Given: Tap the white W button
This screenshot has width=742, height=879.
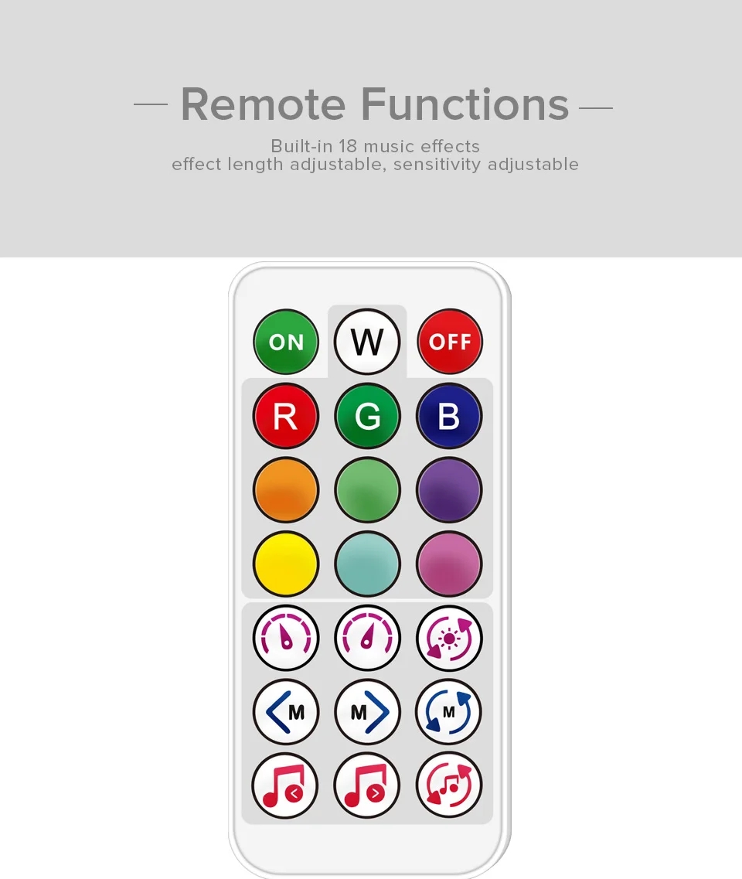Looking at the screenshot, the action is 367,342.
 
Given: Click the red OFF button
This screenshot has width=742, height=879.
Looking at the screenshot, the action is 450,342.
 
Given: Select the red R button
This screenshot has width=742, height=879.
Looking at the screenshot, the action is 286,416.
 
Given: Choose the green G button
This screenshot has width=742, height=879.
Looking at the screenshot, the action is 367,416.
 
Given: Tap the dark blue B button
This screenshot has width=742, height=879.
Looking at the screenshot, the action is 449,416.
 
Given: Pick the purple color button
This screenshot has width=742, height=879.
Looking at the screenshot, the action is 449,490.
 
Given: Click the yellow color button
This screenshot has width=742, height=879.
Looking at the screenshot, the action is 286,564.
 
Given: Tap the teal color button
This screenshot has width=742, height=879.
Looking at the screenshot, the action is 367,564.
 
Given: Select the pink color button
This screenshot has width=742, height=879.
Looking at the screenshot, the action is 449,564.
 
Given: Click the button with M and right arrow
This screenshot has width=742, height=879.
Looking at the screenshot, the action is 367,712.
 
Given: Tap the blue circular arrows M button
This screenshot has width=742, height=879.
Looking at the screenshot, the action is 448,712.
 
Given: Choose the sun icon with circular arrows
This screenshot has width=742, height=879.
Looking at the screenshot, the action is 449,638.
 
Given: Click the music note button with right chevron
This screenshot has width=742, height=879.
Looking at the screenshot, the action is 366,785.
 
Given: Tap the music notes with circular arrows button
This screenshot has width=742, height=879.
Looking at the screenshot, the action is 449,785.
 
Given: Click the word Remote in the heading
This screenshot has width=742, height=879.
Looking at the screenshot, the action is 263,104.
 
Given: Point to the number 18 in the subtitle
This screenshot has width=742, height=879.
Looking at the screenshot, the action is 348,146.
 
